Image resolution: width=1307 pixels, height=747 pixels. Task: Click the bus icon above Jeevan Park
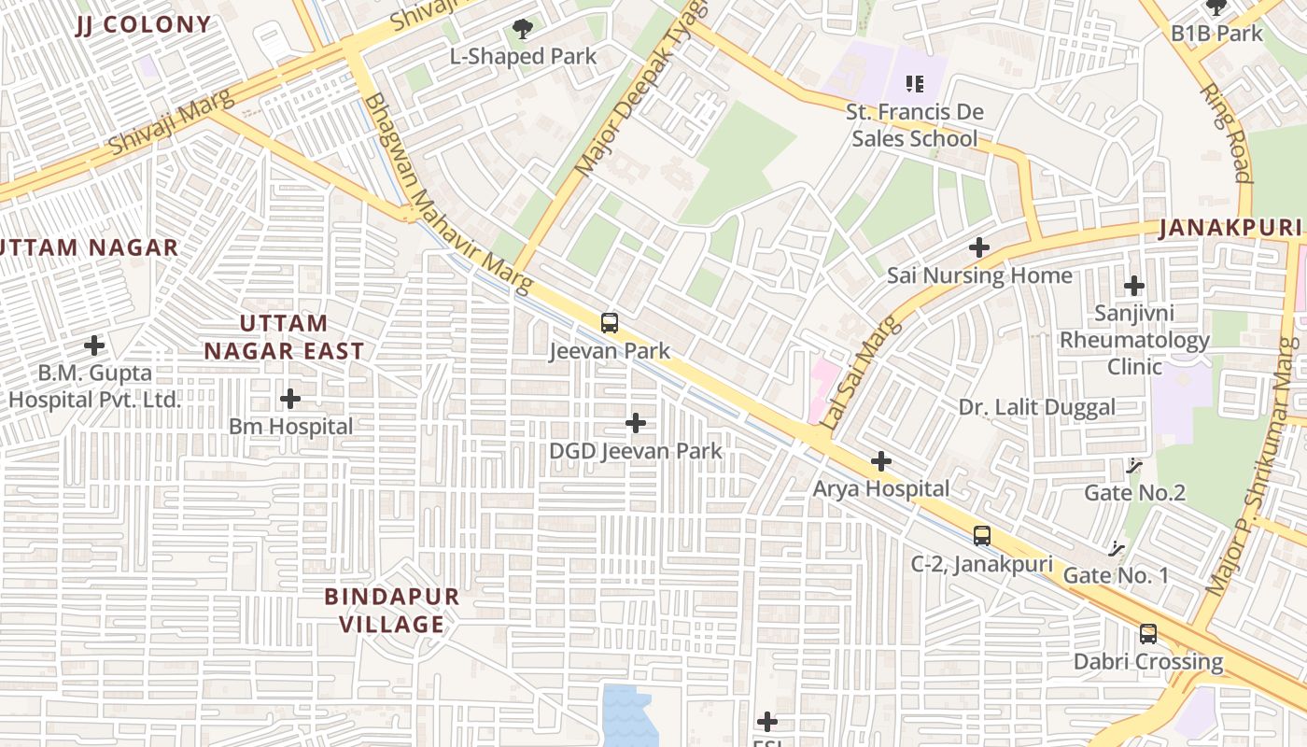[610, 323]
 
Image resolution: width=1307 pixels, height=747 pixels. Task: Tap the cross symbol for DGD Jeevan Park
[636, 423]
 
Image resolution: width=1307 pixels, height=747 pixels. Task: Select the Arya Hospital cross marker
[880, 461]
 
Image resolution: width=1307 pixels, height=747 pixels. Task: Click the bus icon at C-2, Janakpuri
[982, 536]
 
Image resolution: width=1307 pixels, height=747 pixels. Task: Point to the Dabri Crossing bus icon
[1148, 633]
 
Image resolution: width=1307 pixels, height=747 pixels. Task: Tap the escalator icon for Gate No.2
[1135, 464]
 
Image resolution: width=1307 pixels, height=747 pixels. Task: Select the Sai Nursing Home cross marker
[979, 247]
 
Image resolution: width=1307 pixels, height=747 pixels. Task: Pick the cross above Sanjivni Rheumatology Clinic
[1134, 285]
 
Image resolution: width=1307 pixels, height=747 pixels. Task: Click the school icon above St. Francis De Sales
[914, 84]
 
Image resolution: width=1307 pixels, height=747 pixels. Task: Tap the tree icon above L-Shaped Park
[523, 30]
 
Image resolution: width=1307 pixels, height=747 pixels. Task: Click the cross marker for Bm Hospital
[290, 399]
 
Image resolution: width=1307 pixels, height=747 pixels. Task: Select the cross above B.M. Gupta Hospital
[94, 345]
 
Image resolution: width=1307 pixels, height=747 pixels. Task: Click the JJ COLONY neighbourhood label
[143, 24]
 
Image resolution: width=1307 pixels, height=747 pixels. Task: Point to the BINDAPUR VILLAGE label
[391, 610]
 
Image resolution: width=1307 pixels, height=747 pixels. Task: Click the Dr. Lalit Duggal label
[1036, 407]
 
